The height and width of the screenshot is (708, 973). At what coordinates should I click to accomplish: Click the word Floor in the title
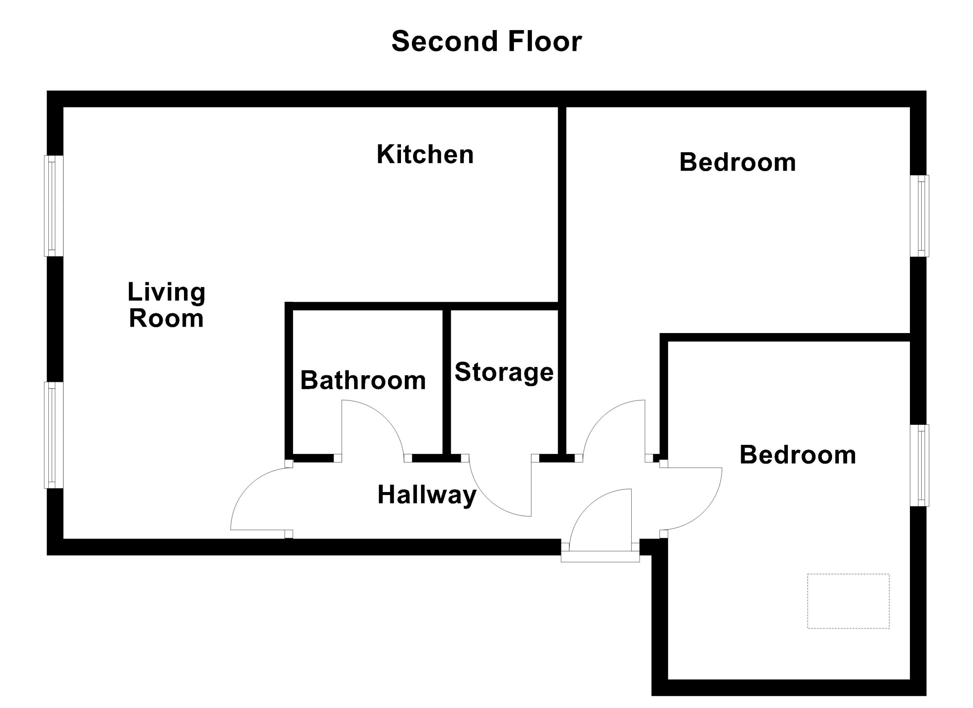[x=545, y=41]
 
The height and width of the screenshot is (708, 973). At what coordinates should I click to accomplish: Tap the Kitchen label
[x=425, y=154]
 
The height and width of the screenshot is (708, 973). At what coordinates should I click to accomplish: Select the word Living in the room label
[x=166, y=293]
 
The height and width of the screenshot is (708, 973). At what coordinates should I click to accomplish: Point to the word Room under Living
[x=166, y=319]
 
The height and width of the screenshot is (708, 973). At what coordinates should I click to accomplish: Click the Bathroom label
[x=363, y=380]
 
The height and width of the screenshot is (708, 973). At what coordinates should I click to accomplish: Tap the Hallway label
[x=427, y=495]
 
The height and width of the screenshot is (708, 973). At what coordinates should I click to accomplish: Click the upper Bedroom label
[x=737, y=162]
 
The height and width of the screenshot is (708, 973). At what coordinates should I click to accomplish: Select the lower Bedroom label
[x=797, y=455]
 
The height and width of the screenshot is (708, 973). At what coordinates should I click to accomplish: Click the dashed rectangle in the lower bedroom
[x=848, y=601]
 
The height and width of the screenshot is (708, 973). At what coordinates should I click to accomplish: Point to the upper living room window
[x=54, y=206]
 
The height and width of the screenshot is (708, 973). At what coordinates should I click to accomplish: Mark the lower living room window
[x=54, y=435]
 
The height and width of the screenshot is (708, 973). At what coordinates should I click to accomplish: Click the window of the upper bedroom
[x=920, y=216]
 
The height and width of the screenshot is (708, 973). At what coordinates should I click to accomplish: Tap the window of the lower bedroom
[x=920, y=465]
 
